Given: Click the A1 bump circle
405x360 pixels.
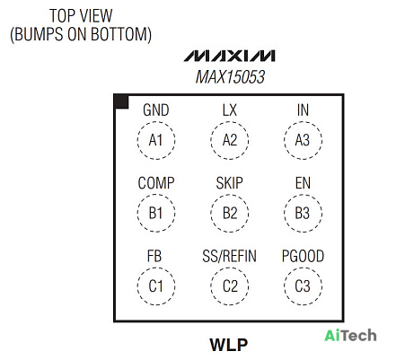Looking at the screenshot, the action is [137, 140].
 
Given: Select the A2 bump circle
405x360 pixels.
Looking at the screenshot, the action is [211, 140].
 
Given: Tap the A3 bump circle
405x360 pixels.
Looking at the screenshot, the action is [284, 140].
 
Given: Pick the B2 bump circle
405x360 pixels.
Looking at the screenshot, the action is [211, 214].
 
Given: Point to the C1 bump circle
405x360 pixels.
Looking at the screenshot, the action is [137, 286].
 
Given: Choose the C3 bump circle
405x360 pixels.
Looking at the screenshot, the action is [284, 286].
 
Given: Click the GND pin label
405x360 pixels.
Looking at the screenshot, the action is [156, 110].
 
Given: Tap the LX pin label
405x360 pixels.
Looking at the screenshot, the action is [230, 110].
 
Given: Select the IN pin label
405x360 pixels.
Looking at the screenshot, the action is [303, 110].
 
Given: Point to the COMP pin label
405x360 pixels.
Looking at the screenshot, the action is [156, 183].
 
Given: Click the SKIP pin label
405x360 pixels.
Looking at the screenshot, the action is [230, 183].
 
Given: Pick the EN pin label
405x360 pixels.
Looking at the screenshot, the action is [303, 183].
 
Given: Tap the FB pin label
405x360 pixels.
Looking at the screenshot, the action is [154, 256].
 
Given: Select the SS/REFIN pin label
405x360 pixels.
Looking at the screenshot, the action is [230, 256].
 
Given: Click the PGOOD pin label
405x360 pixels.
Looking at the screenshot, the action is [303, 256].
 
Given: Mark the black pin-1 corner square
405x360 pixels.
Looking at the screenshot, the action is [122, 102].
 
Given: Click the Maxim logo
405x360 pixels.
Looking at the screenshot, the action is [230, 56].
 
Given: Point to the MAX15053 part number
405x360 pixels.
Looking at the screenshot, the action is [230, 77].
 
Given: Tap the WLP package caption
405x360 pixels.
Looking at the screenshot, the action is [229, 345].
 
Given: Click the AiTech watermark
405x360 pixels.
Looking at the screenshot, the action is [350, 336].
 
